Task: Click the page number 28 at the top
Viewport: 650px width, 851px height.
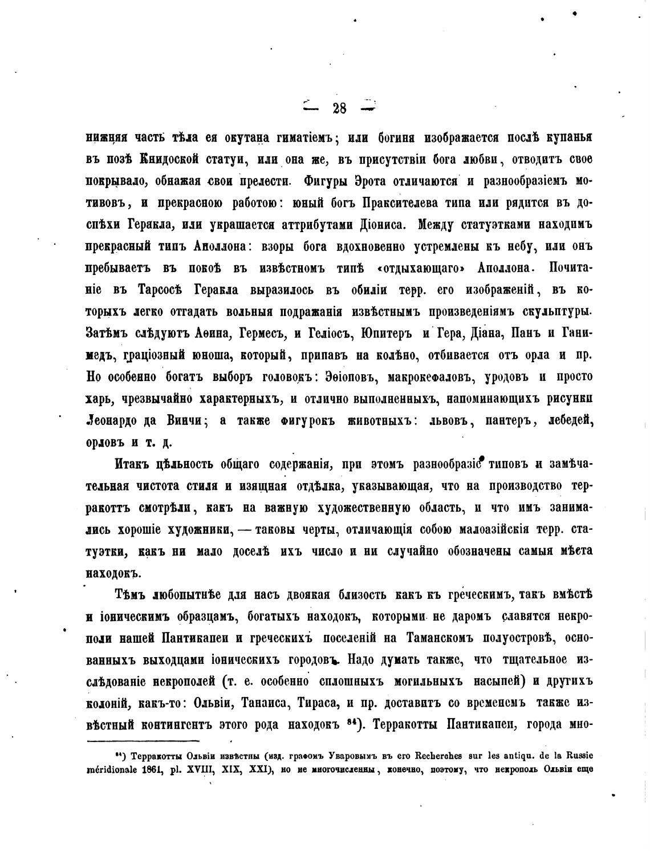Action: (339, 108)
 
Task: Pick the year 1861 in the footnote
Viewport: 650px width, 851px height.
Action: (149, 769)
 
